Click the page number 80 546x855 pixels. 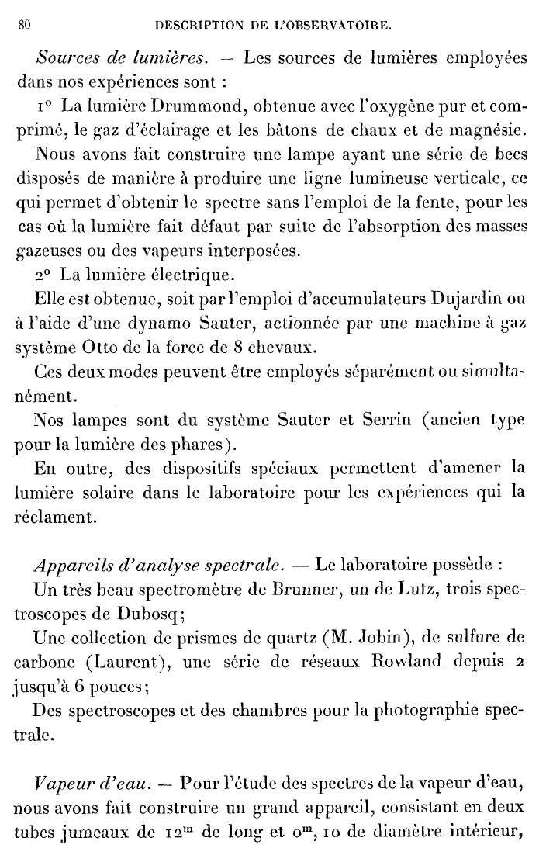click(x=23, y=25)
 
